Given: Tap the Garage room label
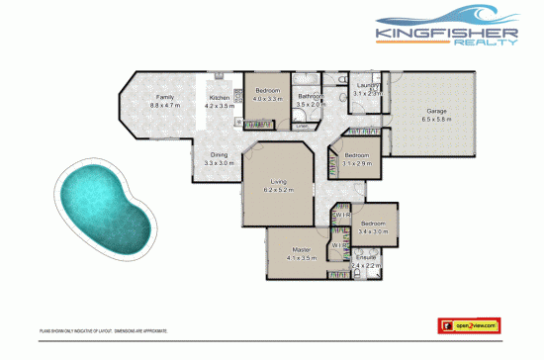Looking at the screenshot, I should (435, 110).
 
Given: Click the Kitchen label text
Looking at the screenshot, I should (219, 97).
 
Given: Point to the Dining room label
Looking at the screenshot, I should (219, 155).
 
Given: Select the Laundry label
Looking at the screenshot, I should (367, 86).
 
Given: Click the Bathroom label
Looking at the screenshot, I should (312, 96).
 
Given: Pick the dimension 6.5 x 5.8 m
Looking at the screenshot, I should (436, 118).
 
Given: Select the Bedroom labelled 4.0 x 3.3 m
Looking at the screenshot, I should (268, 92).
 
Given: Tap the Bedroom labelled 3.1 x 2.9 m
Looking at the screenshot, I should (357, 156).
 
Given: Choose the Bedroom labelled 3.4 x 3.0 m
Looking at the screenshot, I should (374, 224).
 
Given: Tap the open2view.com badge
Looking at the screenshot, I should (471, 323).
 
